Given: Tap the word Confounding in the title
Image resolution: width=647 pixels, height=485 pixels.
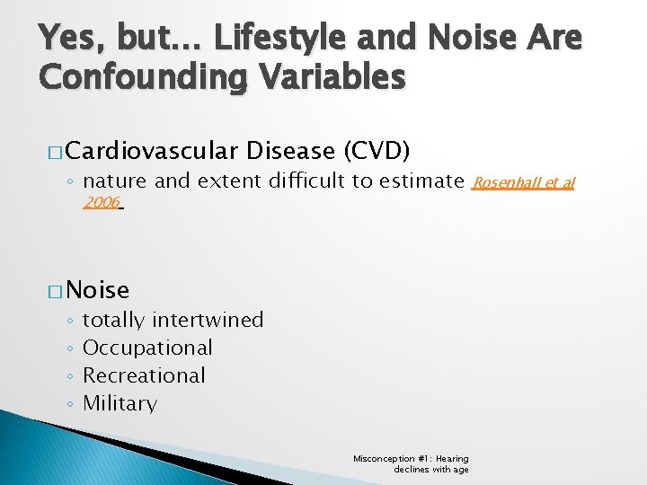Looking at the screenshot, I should click(141, 77).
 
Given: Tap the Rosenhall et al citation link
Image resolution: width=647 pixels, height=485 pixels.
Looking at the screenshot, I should click(523, 183).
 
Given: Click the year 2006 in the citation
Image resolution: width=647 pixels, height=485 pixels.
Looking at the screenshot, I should click(102, 203).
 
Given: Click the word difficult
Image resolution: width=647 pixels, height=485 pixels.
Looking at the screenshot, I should click(303, 182).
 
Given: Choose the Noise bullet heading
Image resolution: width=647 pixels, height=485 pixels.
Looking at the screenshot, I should click(97, 290).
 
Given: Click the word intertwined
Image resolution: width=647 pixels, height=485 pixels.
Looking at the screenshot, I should click(208, 321).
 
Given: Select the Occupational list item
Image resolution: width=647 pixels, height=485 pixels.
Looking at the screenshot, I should click(147, 348).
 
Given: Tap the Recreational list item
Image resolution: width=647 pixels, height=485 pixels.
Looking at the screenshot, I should click(144, 376).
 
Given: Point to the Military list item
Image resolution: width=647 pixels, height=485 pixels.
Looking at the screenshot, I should click(120, 404).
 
